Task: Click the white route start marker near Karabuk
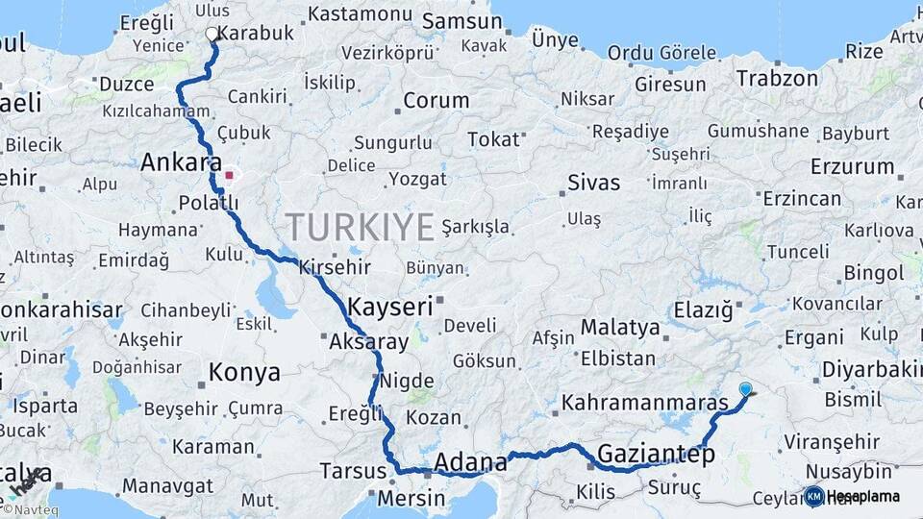212,34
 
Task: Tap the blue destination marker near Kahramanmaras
746,389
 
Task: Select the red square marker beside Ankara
229,175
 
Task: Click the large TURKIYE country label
360,227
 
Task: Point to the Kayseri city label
389,308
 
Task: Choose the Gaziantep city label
657,455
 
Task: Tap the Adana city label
470,463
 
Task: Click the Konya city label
245,372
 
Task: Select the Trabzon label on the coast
777,78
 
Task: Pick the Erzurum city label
852,166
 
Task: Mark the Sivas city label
593,183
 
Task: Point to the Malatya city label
620,328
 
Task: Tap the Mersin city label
411,499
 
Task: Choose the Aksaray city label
368,341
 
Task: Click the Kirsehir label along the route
335,267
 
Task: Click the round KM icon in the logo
814,497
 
